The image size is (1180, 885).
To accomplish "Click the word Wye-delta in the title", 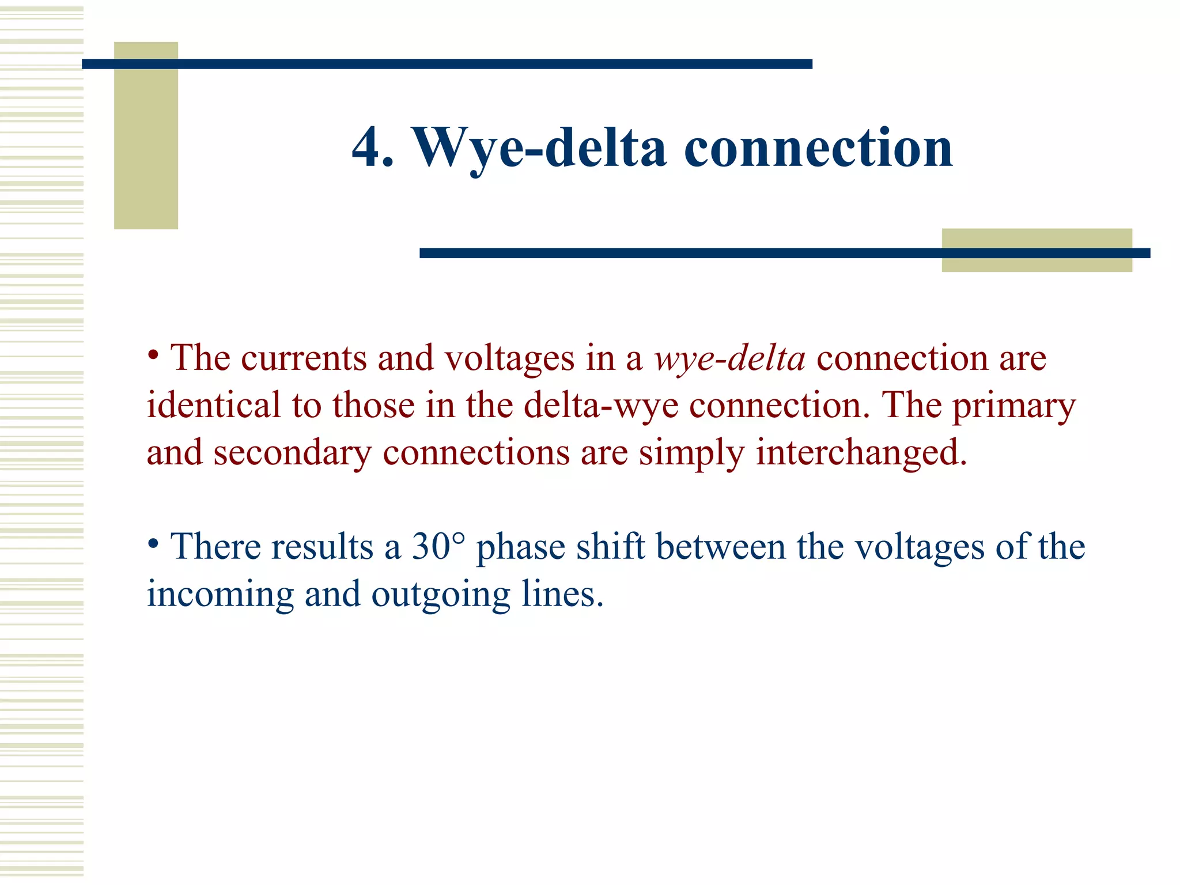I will [538, 149].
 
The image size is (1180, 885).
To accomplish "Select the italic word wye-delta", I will [729, 358].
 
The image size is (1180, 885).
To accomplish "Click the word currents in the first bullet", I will [304, 358].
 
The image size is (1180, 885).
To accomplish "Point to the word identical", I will [214, 406].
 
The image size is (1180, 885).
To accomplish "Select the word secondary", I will [293, 453].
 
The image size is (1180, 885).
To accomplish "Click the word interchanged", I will [861, 453].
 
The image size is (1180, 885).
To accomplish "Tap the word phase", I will [520, 548].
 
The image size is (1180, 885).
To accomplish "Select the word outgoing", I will [441, 595].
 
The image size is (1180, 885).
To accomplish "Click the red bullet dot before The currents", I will [153, 354].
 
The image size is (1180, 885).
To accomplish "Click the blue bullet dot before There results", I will [153, 543].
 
